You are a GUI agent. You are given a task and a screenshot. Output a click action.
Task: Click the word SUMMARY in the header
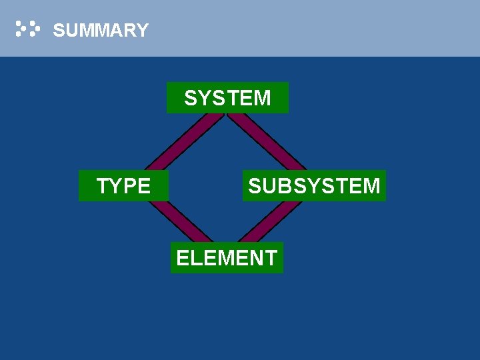(x=100, y=30)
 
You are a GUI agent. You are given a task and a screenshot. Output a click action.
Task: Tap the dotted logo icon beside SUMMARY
(x=28, y=29)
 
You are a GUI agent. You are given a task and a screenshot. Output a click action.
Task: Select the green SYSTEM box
(x=227, y=98)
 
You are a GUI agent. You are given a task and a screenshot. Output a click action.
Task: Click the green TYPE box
(x=123, y=185)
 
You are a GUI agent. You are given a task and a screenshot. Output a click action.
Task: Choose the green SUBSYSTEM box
(x=314, y=185)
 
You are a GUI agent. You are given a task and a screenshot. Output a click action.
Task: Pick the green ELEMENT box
(x=227, y=257)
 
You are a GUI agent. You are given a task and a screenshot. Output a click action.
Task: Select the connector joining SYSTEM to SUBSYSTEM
(x=267, y=141)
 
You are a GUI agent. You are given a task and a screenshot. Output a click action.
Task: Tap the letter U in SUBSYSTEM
(x=271, y=185)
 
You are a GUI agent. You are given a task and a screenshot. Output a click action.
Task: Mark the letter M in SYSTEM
(x=261, y=98)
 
